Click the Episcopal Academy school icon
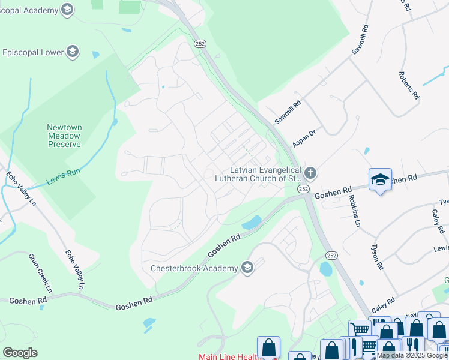tap(68, 10)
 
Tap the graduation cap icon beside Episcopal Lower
tap(73, 52)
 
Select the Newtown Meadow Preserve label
tap(64, 136)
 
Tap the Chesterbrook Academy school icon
tap(247, 268)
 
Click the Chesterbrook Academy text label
tap(194, 268)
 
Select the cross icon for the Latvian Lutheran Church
tap(310, 174)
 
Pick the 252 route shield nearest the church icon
tap(303, 188)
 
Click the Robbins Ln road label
tap(353, 212)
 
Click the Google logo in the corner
tap(20, 352)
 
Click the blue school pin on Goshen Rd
tap(380, 179)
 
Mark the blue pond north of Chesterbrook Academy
tap(252, 223)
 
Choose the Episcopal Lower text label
tap(33, 52)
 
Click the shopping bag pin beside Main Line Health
tap(268, 347)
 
